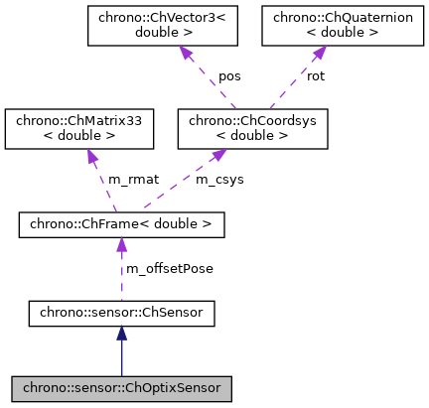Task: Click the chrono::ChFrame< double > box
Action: coord(121,224)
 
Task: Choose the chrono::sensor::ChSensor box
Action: coord(121,315)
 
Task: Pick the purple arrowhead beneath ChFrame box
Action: coord(121,247)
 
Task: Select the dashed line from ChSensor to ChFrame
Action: coord(121,283)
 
